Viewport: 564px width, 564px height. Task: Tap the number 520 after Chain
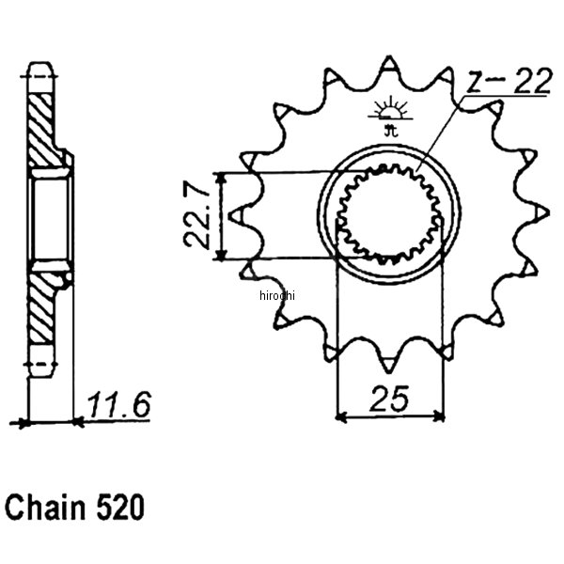click(x=119, y=509)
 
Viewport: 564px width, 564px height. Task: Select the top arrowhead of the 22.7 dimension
click(x=220, y=178)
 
